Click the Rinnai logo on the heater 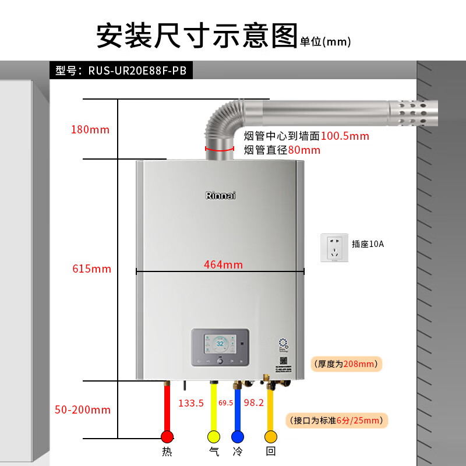tap(221, 196)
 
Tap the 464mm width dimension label tap(223, 264)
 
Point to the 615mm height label tap(91, 269)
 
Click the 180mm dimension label tap(90, 129)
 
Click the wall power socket tap(334, 248)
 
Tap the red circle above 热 tap(167, 437)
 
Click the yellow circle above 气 tap(214, 437)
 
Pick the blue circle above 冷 tap(237, 437)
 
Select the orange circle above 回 tap(270, 437)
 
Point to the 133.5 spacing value tap(191, 403)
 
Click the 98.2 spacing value tap(254, 403)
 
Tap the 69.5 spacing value tap(225, 403)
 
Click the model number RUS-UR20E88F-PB tap(137, 71)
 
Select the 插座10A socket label tap(368, 244)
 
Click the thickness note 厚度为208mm tap(346, 365)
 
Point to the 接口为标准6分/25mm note tap(338, 420)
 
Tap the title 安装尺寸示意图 tap(197, 36)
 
